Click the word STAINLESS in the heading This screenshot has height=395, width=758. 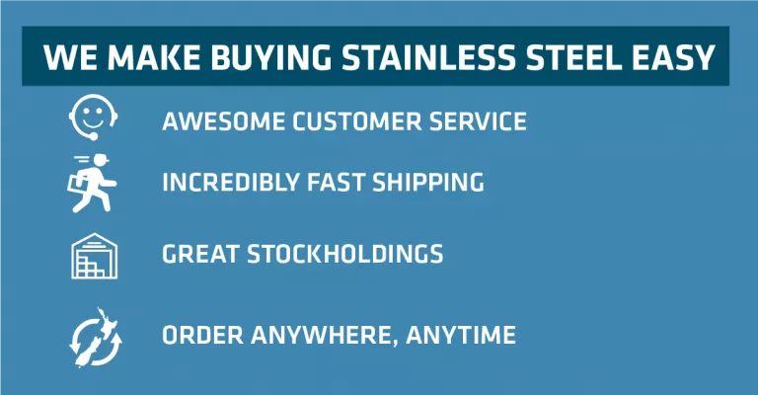pos(429,57)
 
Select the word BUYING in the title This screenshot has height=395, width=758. pos(270,57)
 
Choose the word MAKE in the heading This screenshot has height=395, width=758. pos(154,57)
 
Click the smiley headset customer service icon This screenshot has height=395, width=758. pos(94,118)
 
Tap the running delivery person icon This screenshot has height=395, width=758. pos(92,184)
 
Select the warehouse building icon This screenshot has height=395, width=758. pos(95,256)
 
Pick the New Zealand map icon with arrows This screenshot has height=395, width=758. pos(95,338)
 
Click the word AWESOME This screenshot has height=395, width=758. pos(224,120)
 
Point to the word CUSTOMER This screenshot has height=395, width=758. pos(356,120)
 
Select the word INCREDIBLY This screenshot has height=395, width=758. pos(231,183)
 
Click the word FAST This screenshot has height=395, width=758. pos(336,183)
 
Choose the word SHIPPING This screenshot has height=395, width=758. pos(428,183)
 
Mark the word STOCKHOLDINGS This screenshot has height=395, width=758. pos(345,254)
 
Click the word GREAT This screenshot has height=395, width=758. pos(200,254)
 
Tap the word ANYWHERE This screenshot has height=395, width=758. pos(324,335)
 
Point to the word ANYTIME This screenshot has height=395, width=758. pos(461,335)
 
